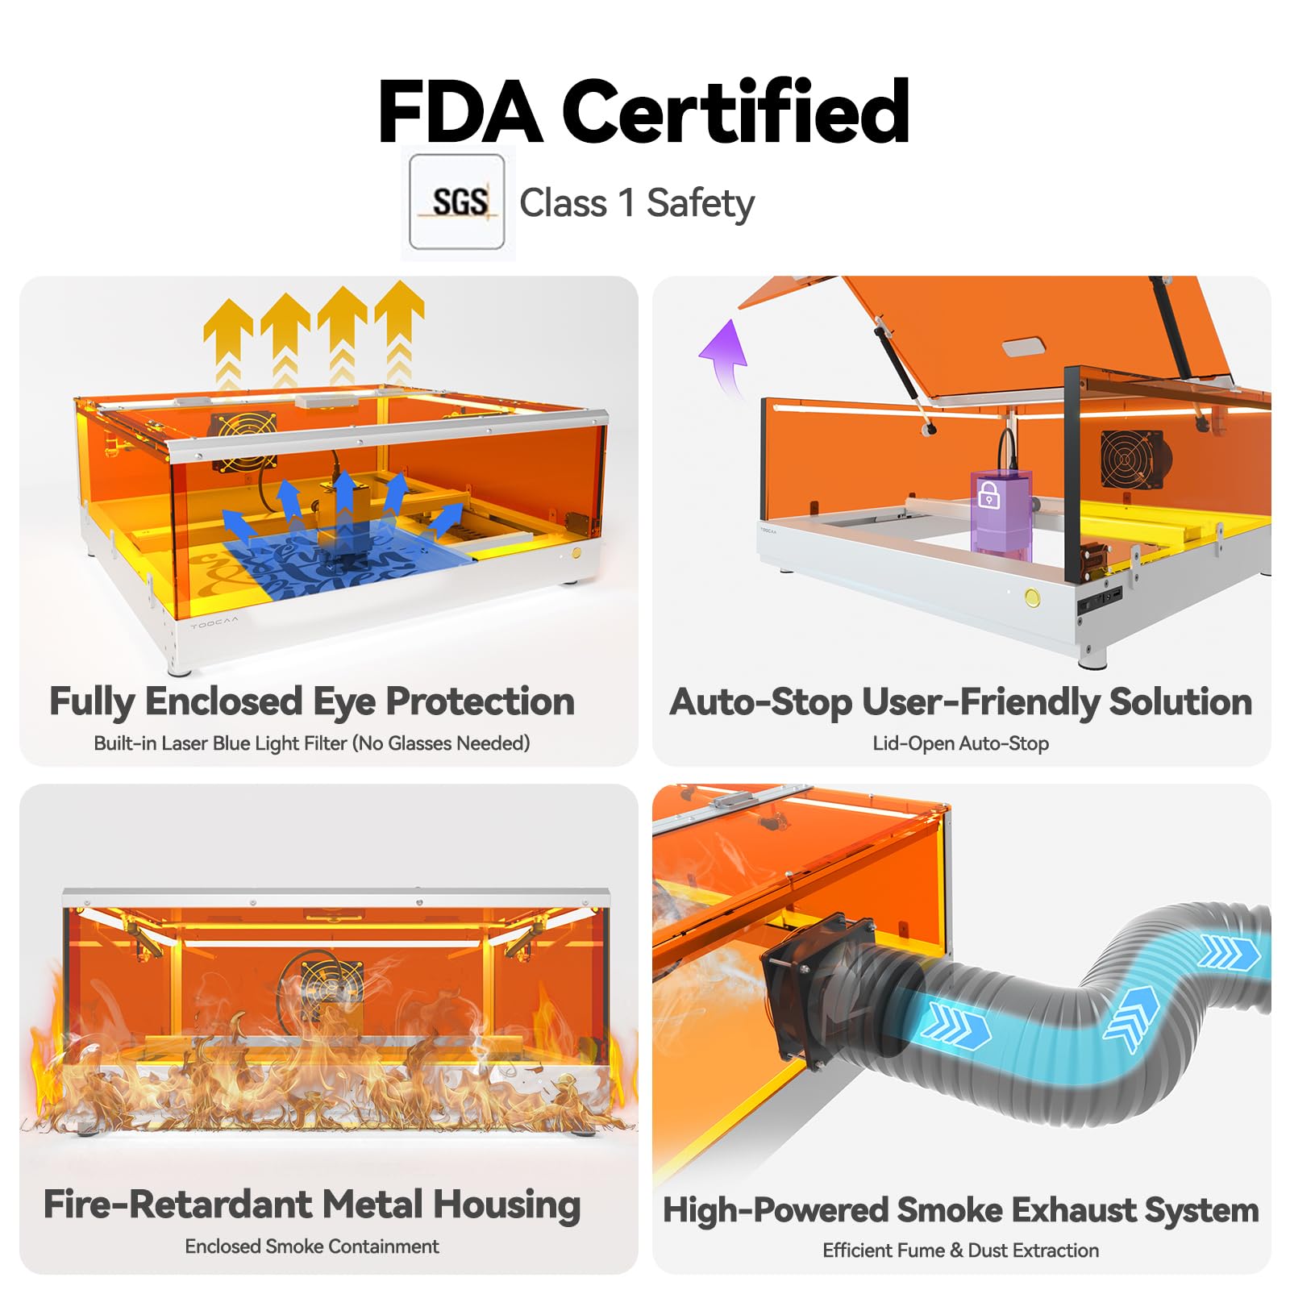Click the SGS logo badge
(x=457, y=202)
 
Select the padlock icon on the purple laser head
(x=988, y=494)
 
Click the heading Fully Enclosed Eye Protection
(x=312, y=701)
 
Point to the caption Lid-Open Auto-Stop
(x=960, y=743)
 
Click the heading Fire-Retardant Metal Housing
(x=312, y=1205)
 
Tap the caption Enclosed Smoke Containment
(x=312, y=1246)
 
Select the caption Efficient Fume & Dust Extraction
(x=960, y=1250)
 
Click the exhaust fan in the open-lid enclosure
(x=1130, y=460)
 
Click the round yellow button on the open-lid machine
(x=1031, y=597)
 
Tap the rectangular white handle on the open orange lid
(x=1023, y=347)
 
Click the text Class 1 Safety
(x=637, y=203)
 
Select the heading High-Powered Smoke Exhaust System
(x=960, y=1210)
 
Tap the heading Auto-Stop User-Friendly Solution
(x=960, y=701)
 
